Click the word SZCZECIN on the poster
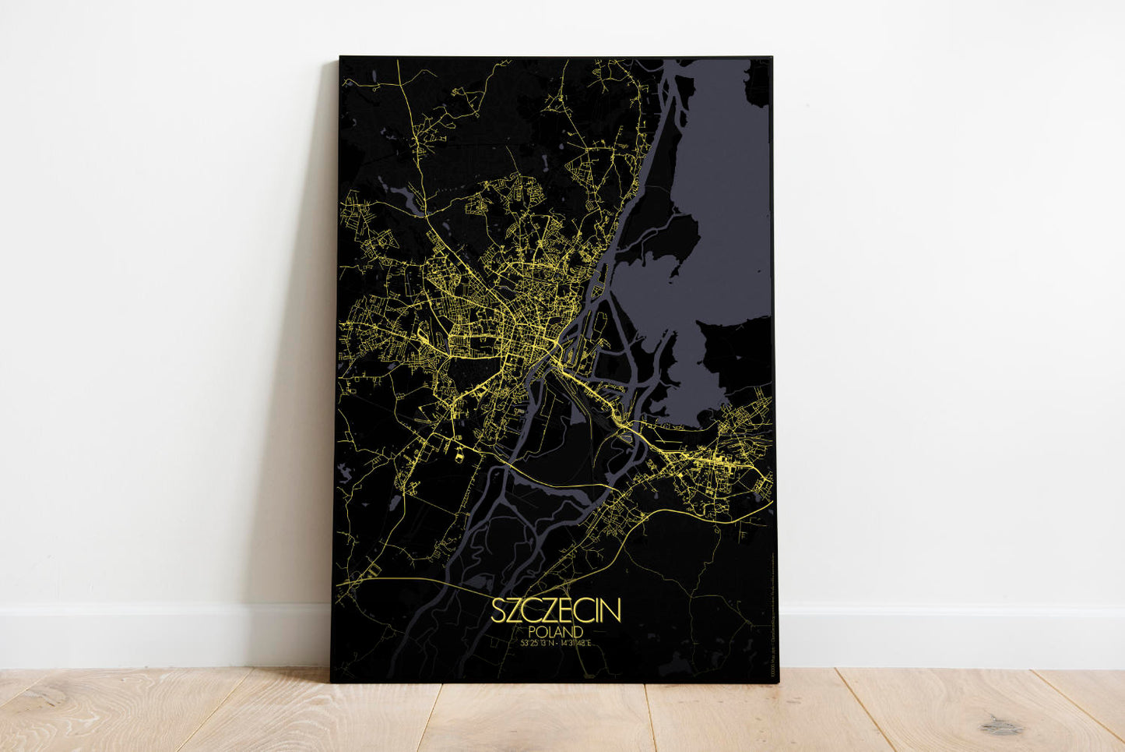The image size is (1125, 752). [x=556, y=611]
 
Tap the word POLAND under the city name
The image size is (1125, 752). [x=556, y=630]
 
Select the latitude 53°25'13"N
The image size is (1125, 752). [x=533, y=643]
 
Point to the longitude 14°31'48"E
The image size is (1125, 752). [x=577, y=643]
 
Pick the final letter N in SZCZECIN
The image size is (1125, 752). [x=613, y=611]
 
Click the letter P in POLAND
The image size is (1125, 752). [x=531, y=630]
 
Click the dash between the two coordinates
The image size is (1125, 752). [x=556, y=643]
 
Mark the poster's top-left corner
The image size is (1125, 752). [x=341, y=58]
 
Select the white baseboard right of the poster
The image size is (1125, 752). [x=950, y=635]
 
